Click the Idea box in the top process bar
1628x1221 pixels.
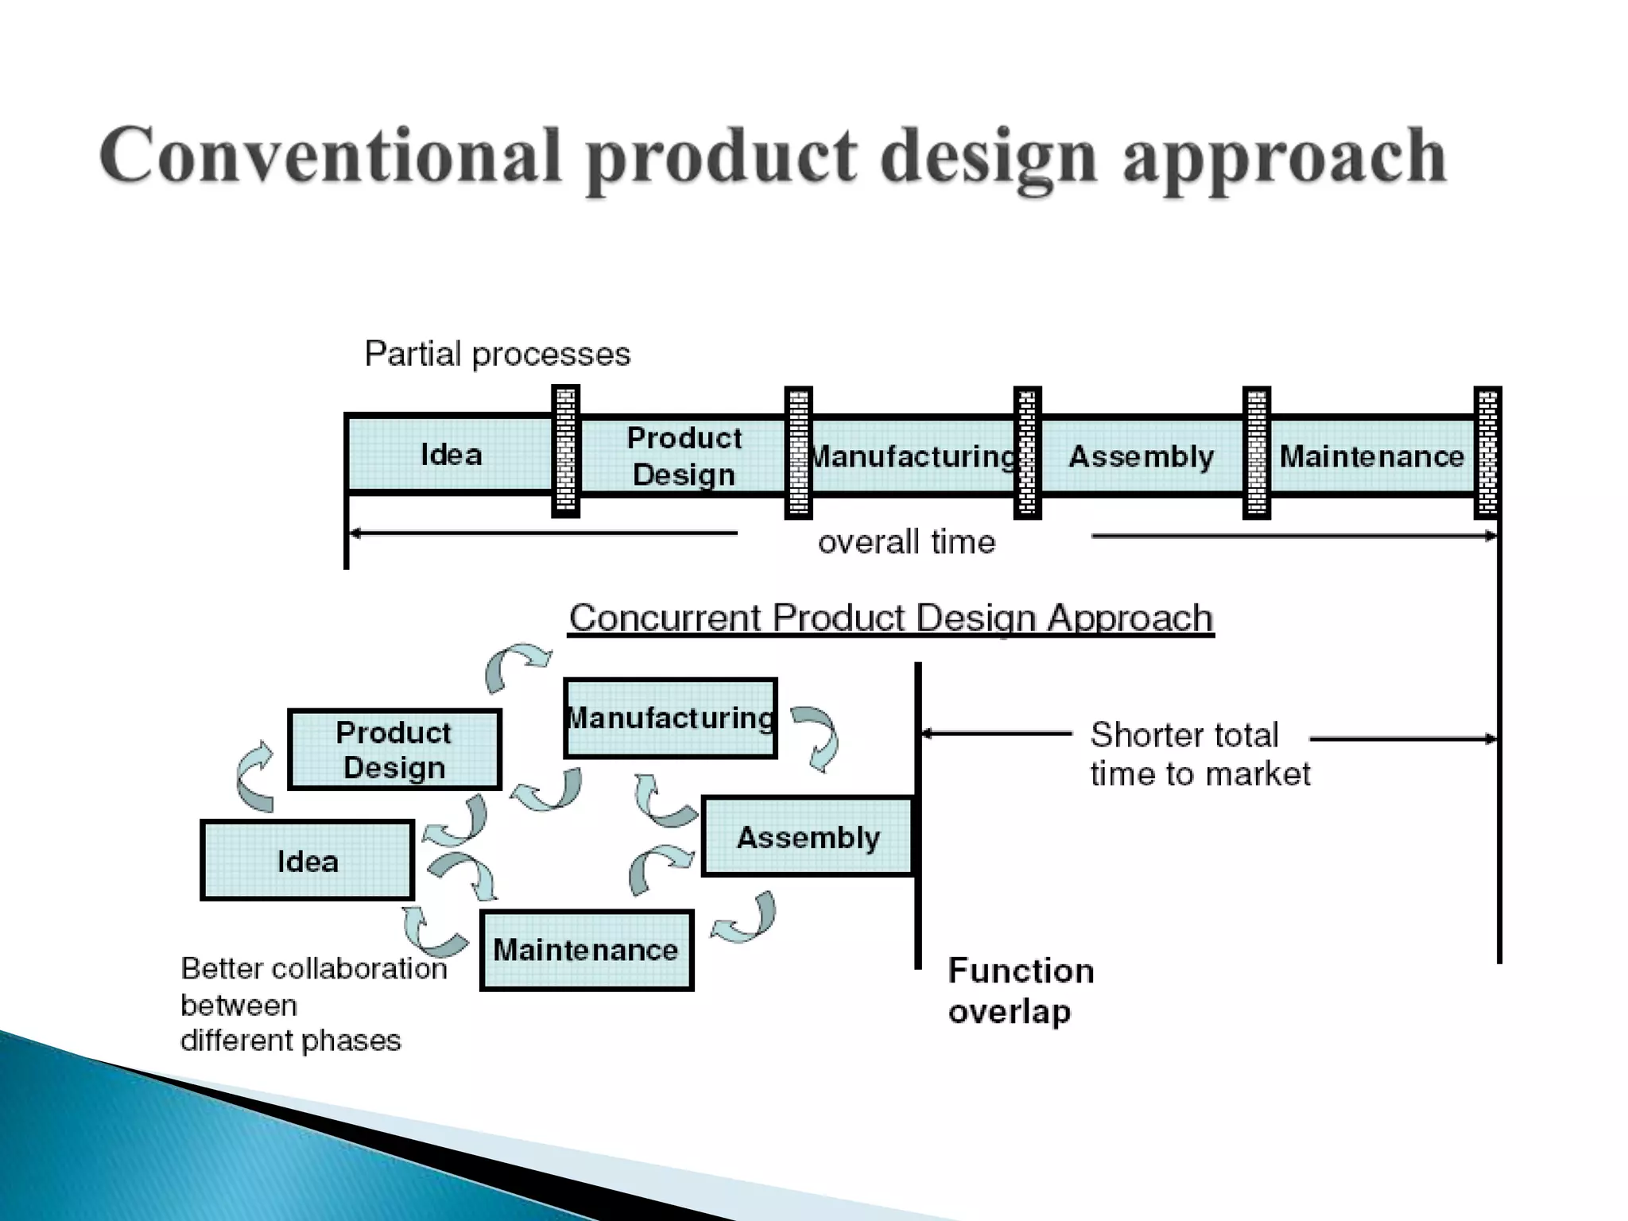point(450,455)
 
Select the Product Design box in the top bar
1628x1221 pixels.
point(684,456)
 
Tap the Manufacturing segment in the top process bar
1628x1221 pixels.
point(913,456)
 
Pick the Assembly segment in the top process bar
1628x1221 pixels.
point(1142,456)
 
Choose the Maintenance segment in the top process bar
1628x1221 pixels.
point(1371,456)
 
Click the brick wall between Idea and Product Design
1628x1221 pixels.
point(565,452)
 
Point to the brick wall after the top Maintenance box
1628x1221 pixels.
point(1487,452)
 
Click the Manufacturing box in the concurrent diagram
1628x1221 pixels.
point(670,718)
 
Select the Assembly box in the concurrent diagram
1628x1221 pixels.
point(808,837)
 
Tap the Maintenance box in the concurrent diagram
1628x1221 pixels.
point(587,950)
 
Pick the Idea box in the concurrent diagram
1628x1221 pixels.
point(308,861)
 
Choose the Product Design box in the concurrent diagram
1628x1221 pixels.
point(394,750)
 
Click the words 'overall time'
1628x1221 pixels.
point(906,542)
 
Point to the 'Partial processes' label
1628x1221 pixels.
point(498,354)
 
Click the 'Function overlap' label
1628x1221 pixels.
point(1021,990)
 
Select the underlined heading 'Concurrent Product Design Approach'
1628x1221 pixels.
point(891,618)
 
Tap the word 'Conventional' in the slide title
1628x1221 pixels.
point(331,156)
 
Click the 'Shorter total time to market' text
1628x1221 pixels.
point(1199,754)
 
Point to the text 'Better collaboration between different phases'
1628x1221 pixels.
point(313,1004)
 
